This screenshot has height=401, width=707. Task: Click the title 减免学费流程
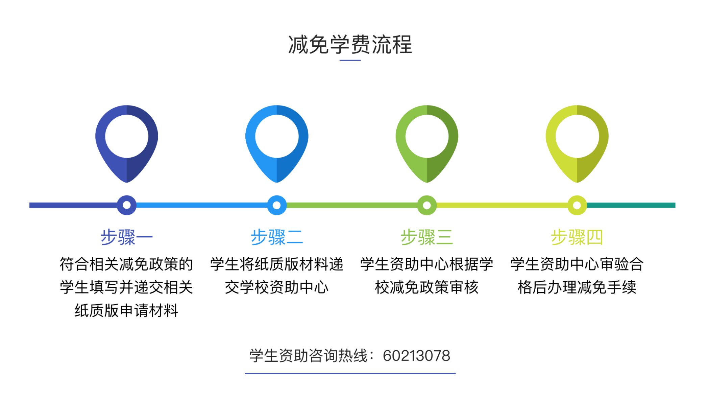pyautogui.click(x=350, y=45)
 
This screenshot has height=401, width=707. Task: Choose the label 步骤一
pyautogui.click(x=127, y=237)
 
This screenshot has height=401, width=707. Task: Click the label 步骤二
pyautogui.click(x=277, y=237)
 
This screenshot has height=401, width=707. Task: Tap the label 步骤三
pyautogui.click(x=427, y=237)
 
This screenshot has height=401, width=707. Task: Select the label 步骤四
pyautogui.click(x=577, y=237)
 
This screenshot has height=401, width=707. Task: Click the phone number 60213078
pyautogui.click(x=416, y=356)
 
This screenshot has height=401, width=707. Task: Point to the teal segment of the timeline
pyautogui.click(x=631, y=205)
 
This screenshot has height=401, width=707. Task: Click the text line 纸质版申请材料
pyautogui.click(x=126, y=310)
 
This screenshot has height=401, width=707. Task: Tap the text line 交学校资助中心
pyautogui.click(x=277, y=287)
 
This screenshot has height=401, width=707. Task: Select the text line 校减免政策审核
pyautogui.click(x=427, y=287)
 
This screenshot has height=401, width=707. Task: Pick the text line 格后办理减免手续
pyautogui.click(x=577, y=287)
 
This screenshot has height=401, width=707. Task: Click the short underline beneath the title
pyautogui.click(x=350, y=60)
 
